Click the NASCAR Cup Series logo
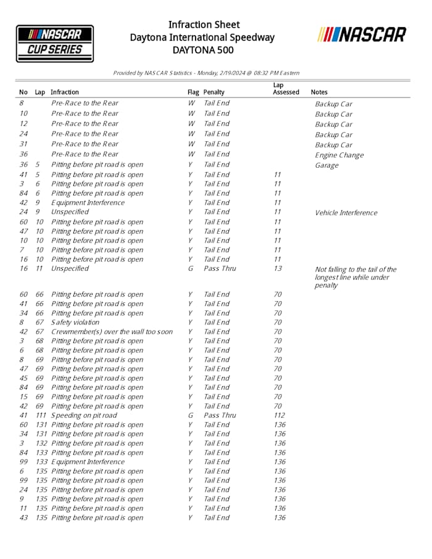[x=55, y=43]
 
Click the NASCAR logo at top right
[x=362, y=35]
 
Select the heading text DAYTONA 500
[x=202, y=50]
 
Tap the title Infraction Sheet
[x=204, y=25]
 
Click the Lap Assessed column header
[x=286, y=89]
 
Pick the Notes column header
[x=319, y=93]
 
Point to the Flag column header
[x=193, y=93]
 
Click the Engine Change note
[x=339, y=155]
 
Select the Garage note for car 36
[x=326, y=165]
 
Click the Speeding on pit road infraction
[x=84, y=415]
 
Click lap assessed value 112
[x=280, y=415]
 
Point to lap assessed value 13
[x=277, y=268]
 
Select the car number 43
[x=23, y=517]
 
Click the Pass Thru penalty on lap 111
[x=220, y=415]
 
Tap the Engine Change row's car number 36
[x=23, y=154]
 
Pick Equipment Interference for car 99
[x=88, y=462]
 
